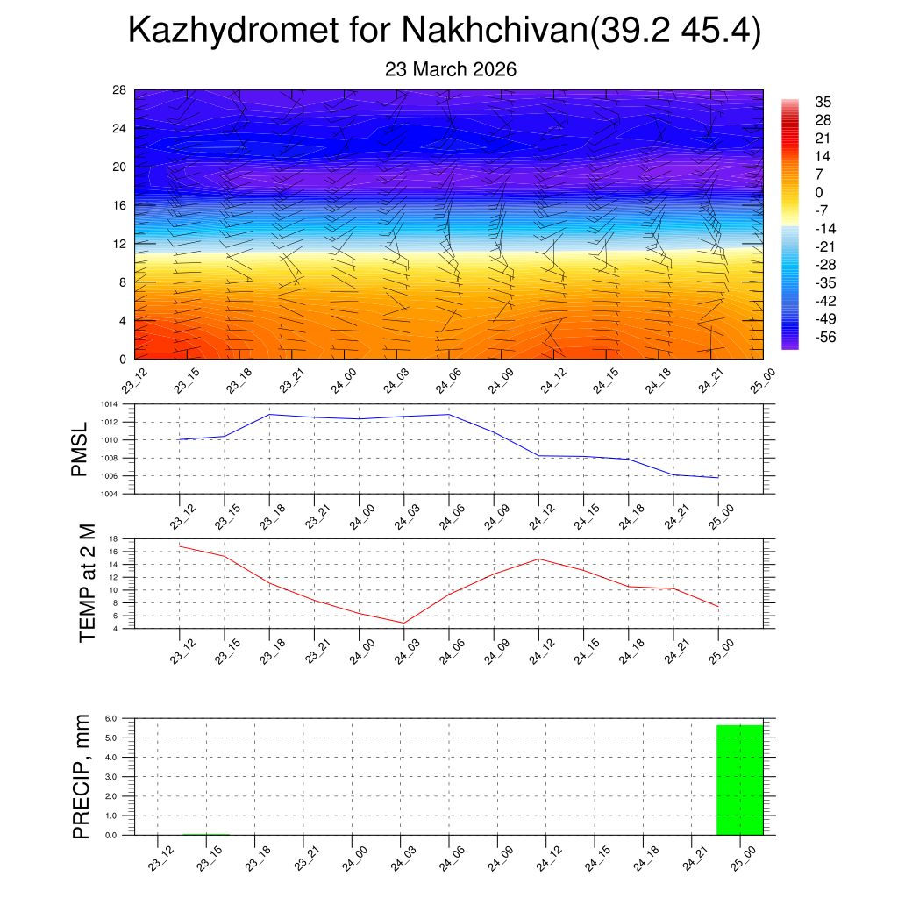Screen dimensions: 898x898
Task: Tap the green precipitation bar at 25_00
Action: click(739, 780)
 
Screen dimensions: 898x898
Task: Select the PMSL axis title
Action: click(80, 449)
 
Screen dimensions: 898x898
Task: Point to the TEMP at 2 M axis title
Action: click(87, 583)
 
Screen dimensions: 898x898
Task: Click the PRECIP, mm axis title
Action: click(82, 776)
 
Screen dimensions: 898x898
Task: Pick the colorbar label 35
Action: click(823, 102)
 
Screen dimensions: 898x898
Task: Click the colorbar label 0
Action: click(819, 192)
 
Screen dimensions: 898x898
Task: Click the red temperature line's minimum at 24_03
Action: click(403, 623)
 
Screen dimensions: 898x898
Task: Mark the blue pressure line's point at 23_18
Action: click(269, 414)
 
